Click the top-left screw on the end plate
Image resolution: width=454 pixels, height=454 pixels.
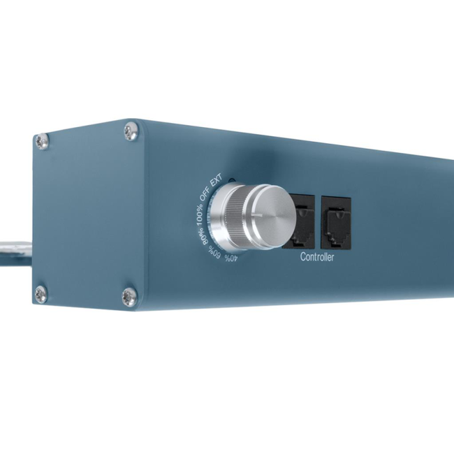[x=42, y=141]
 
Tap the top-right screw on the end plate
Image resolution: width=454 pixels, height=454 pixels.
[x=131, y=131]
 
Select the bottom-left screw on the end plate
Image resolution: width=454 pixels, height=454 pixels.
[x=41, y=294]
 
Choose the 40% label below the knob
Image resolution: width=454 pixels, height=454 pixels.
[x=230, y=259]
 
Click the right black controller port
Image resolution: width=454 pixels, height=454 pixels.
[x=335, y=222]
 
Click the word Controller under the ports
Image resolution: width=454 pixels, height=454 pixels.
[x=317, y=258]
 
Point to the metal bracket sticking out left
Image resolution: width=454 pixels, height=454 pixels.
[x=14, y=248]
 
